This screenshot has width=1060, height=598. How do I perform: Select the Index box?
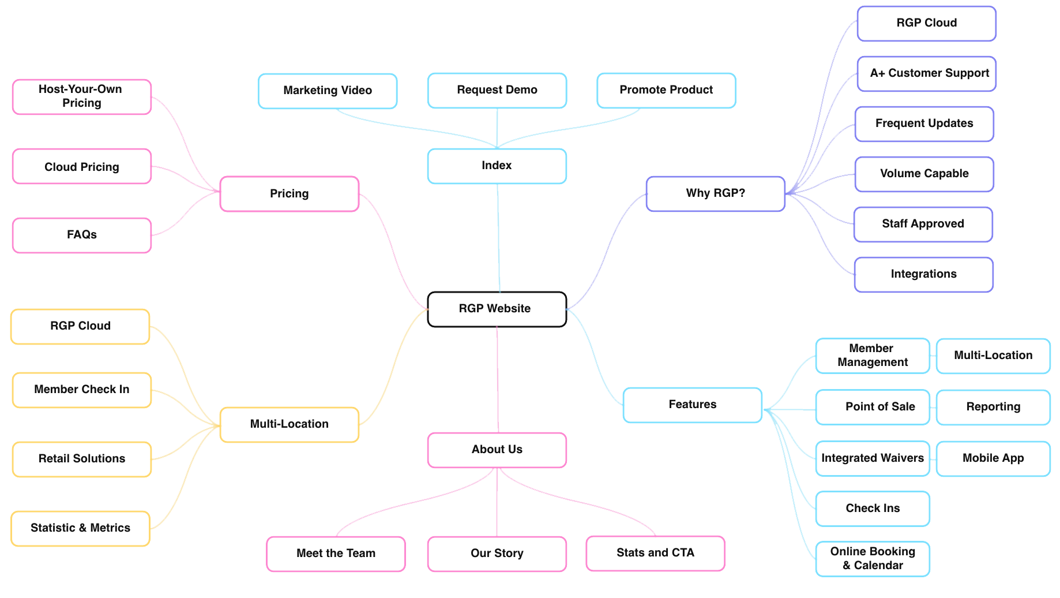point(497,166)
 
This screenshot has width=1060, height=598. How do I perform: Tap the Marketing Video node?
point(328,91)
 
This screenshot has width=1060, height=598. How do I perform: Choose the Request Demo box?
point(497,90)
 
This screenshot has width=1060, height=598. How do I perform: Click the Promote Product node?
point(666,90)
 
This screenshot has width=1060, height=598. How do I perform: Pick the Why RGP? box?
point(715,193)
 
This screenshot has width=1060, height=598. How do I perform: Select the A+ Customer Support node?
point(926,73)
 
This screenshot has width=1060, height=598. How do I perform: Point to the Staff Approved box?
point(923,224)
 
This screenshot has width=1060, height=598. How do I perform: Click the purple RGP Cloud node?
point(926,23)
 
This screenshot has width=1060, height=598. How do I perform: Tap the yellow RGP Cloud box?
point(80,326)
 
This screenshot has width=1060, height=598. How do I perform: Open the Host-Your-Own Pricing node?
point(81,96)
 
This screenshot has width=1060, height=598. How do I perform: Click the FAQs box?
point(81,235)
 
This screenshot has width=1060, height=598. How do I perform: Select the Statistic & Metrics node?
point(80,528)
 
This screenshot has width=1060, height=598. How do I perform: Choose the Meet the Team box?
point(336,554)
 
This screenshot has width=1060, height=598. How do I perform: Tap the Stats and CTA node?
point(655,553)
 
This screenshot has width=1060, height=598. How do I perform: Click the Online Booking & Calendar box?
point(873,558)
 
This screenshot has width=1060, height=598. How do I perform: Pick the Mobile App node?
point(993,458)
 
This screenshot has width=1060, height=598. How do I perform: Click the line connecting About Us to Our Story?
point(497,502)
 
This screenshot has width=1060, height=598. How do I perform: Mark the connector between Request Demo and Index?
point(497,128)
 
